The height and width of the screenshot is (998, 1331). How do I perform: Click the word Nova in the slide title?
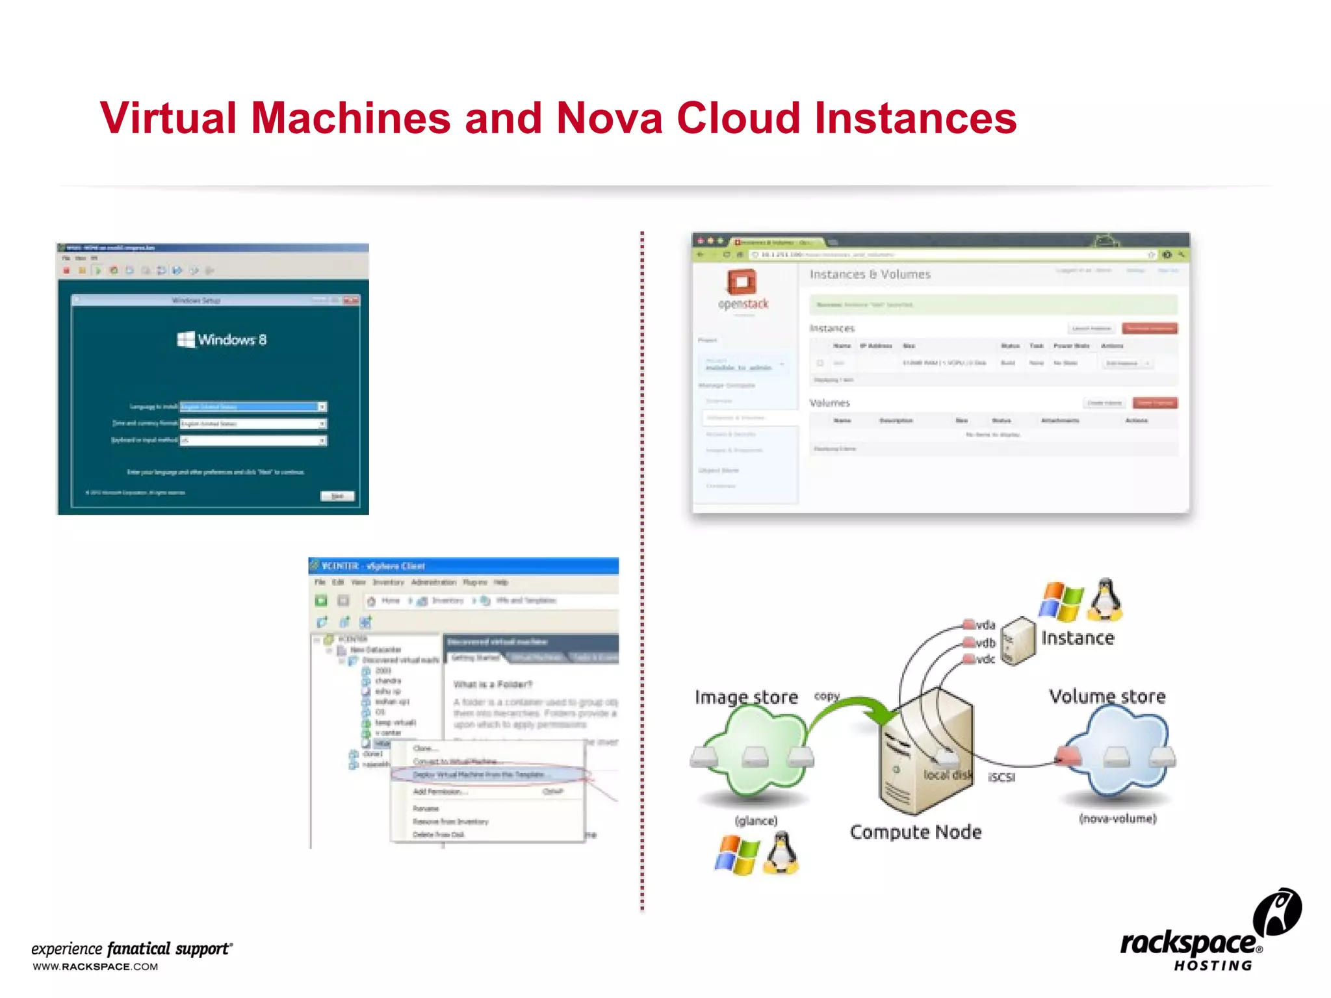(609, 118)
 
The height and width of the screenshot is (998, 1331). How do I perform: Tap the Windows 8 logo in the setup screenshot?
(222, 340)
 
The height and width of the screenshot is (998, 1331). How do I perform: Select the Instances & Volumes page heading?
(870, 275)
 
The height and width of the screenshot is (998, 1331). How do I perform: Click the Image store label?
(746, 697)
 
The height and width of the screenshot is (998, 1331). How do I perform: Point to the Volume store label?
(1107, 697)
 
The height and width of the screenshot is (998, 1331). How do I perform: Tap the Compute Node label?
(915, 832)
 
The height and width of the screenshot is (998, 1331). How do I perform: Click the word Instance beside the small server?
(1078, 639)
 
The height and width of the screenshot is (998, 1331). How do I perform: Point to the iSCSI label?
(1001, 778)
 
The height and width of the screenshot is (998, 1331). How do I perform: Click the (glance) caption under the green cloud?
(756, 821)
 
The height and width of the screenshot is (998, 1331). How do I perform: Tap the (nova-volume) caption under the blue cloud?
(1117, 819)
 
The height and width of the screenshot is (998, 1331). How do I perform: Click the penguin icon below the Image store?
(782, 853)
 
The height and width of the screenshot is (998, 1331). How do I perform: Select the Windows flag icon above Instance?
(1061, 601)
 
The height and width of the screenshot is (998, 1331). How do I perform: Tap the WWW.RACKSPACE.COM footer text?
(96, 967)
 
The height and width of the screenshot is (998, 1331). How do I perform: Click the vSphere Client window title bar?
(463, 566)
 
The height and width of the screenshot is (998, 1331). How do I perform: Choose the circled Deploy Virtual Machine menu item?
(481, 775)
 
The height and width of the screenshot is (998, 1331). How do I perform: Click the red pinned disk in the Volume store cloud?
(1067, 756)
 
